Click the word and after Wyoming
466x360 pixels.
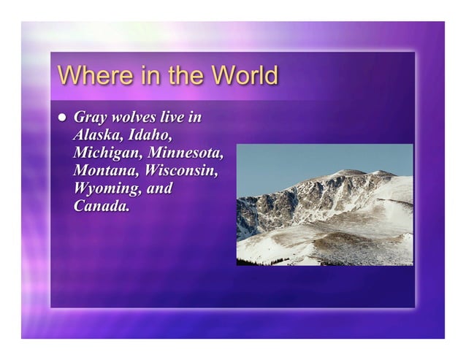click(x=159, y=188)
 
